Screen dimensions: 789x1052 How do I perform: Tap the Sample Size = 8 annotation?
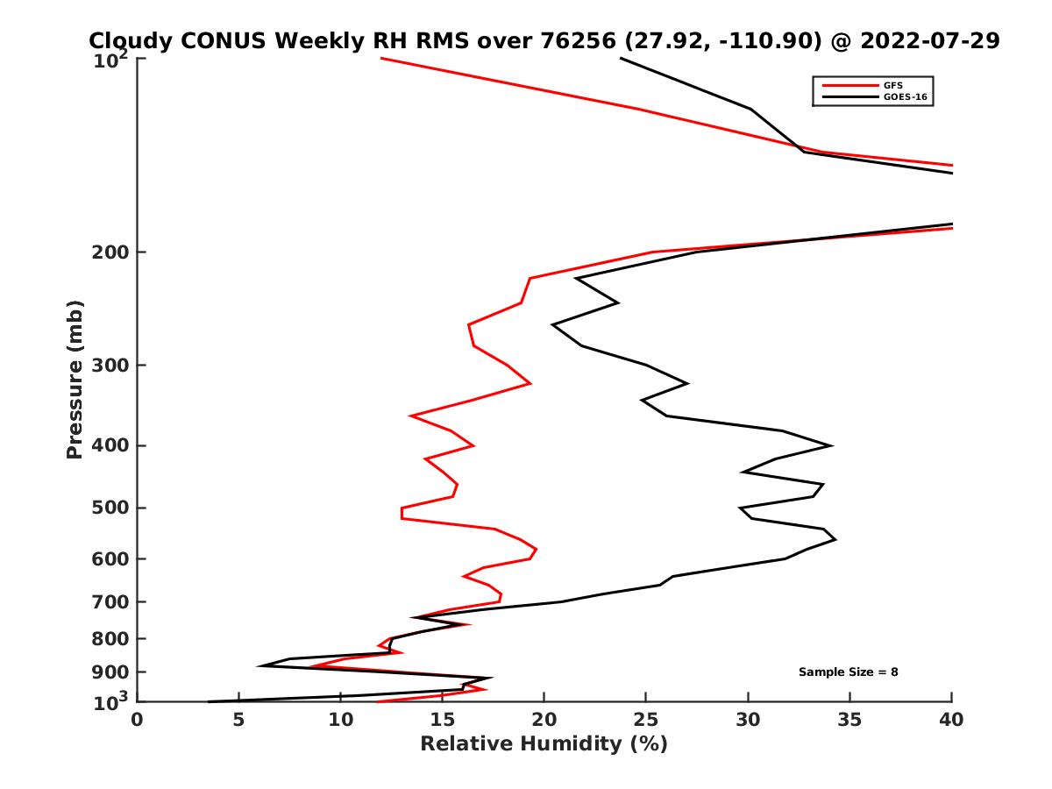tap(848, 672)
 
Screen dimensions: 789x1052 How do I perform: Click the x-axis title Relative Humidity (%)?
tap(544, 744)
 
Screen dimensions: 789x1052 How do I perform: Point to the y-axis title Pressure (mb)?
tap(75, 380)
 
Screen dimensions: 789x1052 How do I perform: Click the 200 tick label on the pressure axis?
tap(107, 252)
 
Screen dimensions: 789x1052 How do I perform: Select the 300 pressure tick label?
tap(107, 365)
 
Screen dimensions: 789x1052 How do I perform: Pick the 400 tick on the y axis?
tap(107, 445)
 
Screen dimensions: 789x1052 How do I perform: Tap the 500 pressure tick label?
tap(107, 508)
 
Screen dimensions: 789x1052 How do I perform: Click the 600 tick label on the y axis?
tap(107, 558)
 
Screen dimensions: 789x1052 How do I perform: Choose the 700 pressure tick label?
tap(107, 601)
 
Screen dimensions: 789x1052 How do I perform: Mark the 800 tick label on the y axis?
tap(107, 638)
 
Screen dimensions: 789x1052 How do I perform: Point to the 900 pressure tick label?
tap(107, 672)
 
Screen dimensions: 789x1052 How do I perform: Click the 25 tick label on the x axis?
tap(646, 721)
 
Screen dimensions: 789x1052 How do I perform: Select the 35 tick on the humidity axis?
tap(849, 721)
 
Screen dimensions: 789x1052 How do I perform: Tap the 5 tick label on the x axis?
tap(238, 721)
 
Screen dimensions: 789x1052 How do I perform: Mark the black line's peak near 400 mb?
tap(831, 445)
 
